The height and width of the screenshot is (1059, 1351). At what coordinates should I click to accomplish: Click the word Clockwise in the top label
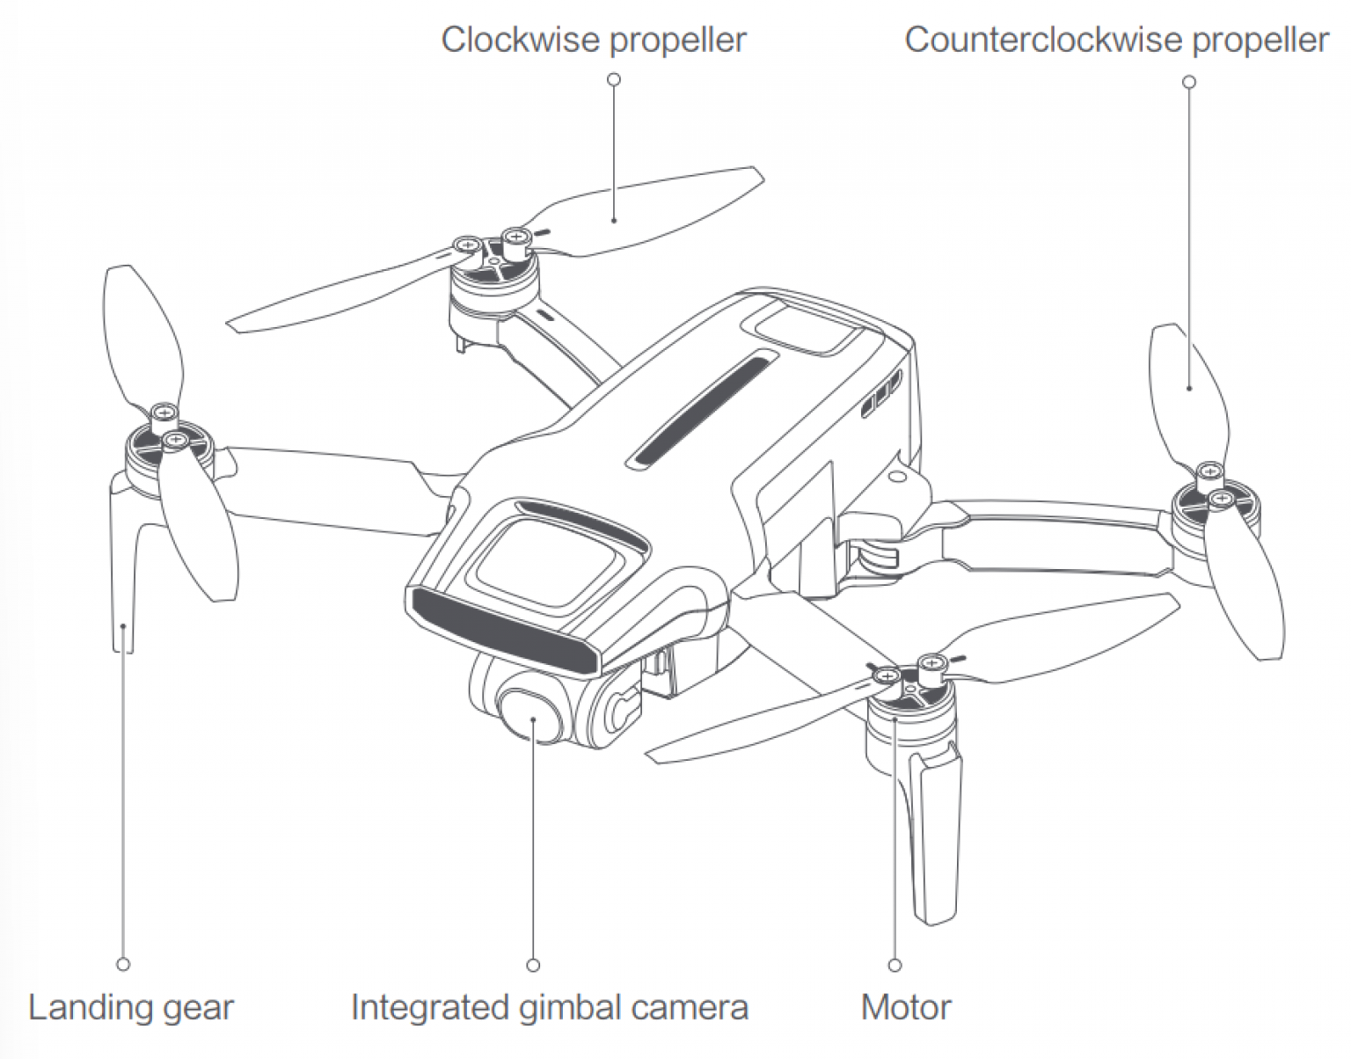521,40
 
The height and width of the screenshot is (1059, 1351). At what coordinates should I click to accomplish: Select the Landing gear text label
131,1008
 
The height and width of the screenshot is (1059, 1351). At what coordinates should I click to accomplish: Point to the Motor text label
906,1007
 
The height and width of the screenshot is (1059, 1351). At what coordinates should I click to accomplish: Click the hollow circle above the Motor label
895,965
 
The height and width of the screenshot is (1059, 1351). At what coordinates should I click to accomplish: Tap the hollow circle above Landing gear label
123,965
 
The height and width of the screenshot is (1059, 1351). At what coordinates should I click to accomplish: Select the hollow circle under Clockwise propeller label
614,79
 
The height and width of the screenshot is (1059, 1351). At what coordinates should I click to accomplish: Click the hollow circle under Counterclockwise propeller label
1189,82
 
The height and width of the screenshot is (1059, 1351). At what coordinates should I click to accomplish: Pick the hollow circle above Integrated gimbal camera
533,965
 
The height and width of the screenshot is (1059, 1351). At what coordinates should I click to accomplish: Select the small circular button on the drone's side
896,478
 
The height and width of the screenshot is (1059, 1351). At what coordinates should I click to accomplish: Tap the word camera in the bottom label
689,1008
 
